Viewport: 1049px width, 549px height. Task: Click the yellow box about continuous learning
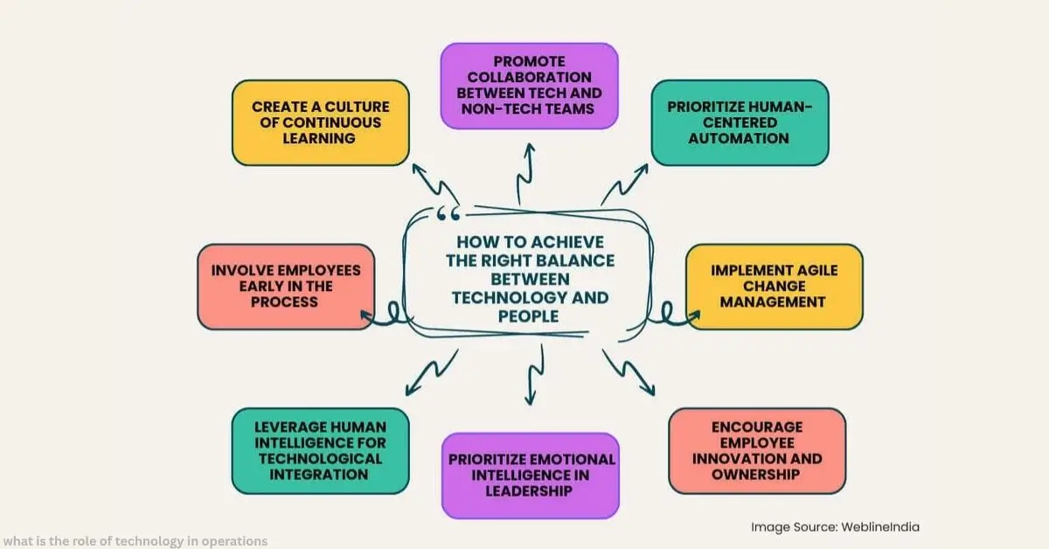pos(320,122)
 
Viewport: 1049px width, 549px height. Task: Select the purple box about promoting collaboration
pos(530,86)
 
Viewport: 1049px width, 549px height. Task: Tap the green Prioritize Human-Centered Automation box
pos(740,122)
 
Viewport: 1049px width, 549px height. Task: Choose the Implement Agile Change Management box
pos(774,287)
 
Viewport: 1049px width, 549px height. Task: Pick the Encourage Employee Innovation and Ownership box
pos(757,451)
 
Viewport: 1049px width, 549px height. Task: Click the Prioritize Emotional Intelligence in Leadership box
pos(531,475)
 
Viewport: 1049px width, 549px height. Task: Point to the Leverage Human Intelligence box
pos(320,451)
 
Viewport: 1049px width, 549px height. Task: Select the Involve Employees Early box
pos(286,287)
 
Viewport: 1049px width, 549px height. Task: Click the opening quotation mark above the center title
pos(447,214)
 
